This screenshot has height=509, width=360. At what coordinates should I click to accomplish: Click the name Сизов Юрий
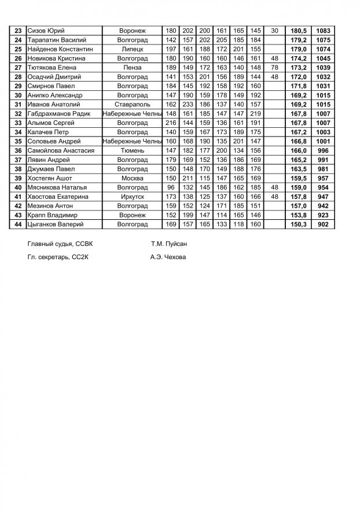(x=46, y=31)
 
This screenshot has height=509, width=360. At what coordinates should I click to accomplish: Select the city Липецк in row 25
(x=133, y=49)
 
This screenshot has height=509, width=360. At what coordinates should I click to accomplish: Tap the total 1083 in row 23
(x=324, y=31)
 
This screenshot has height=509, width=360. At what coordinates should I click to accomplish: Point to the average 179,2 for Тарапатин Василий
(x=298, y=40)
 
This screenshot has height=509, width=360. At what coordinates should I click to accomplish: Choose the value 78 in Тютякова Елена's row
(x=274, y=68)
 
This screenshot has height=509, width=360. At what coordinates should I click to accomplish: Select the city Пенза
(x=133, y=68)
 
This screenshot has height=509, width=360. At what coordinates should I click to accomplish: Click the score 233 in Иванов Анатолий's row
(x=188, y=104)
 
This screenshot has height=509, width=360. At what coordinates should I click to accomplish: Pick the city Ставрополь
(x=133, y=104)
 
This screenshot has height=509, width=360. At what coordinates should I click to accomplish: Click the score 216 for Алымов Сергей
(x=171, y=123)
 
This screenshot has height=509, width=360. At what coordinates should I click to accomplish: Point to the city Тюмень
(x=133, y=150)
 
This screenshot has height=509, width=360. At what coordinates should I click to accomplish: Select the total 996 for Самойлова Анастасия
(x=324, y=150)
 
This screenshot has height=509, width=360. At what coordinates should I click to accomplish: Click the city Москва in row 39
(x=133, y=178)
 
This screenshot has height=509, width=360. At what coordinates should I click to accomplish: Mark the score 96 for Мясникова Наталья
(x=171, y=187)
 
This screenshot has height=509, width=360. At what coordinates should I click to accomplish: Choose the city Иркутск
(x=133, y=197)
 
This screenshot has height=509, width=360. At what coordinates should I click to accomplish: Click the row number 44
(x=18, y=224)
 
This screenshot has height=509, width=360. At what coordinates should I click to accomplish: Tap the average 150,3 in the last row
(x=298, y=224)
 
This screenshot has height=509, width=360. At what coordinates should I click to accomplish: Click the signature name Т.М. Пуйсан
(x=168, y=244)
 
